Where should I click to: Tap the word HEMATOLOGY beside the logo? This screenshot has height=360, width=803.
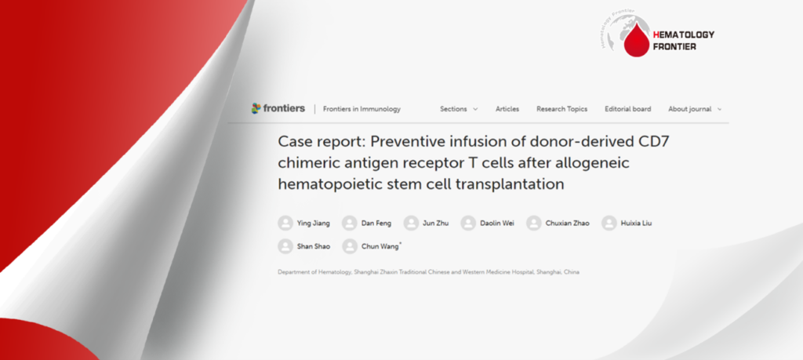tap(684, 35)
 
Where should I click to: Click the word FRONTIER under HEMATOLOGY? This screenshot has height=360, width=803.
tap(674, 46)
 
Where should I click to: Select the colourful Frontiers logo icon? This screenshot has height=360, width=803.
tap(256, 108)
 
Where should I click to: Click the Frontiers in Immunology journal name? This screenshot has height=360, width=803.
tap(362, 109)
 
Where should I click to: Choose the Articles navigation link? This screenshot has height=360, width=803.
tap(507, 109)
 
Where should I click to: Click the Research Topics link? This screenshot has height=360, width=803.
tap(561, 109)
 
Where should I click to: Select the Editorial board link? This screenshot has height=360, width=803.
tap(628, 109)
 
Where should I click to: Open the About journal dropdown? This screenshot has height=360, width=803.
tap(695, 109)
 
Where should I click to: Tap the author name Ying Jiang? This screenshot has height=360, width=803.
tap(314, 224)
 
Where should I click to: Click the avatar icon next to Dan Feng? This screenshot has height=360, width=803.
tap(349, 224)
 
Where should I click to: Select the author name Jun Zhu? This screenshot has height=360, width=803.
tap(435, 224)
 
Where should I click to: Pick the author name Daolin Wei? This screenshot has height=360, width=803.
tap(496, 224)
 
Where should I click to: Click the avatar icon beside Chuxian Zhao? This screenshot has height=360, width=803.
tap(533, 224)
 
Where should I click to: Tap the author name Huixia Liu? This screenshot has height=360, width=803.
tap(636, 224)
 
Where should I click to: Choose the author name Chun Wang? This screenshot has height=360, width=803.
tap(381, 247)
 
